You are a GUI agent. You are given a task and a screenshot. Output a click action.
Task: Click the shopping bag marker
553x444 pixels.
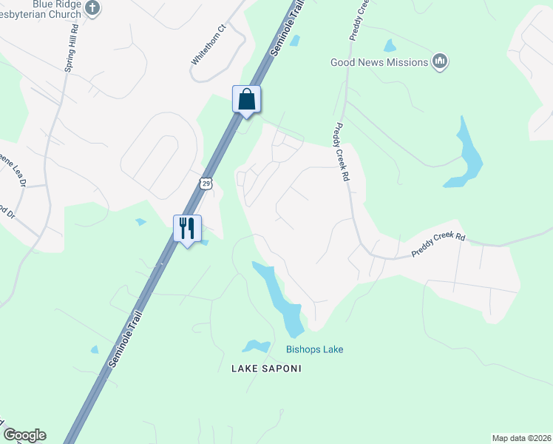tap(247, 99)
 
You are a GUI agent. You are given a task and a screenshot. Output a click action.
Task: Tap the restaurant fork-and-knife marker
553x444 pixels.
tap(187, 227)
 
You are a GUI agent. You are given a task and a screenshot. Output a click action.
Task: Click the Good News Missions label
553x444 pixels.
tap(379, 62)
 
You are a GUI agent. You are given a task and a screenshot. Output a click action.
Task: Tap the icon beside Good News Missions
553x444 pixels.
tap(440, 61)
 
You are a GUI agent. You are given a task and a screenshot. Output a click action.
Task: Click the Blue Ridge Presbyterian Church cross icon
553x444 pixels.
tap(92, 8)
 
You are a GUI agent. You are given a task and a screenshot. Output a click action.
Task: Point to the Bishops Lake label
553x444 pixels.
tap(315, 349)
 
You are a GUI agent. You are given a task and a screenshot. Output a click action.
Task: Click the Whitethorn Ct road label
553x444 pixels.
tap(208, 45)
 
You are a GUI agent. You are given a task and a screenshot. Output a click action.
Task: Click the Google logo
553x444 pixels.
tap(24, 435)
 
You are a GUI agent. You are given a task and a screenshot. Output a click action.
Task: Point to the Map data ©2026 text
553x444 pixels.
tap(520, 438)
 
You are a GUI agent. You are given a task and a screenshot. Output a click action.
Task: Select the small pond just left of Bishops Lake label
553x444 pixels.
tap(256, 346)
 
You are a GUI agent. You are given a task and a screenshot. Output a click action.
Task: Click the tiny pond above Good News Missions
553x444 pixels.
tap(390, 46)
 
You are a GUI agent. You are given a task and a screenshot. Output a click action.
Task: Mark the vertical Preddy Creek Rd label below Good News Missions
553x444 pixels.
tap(342, 152)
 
